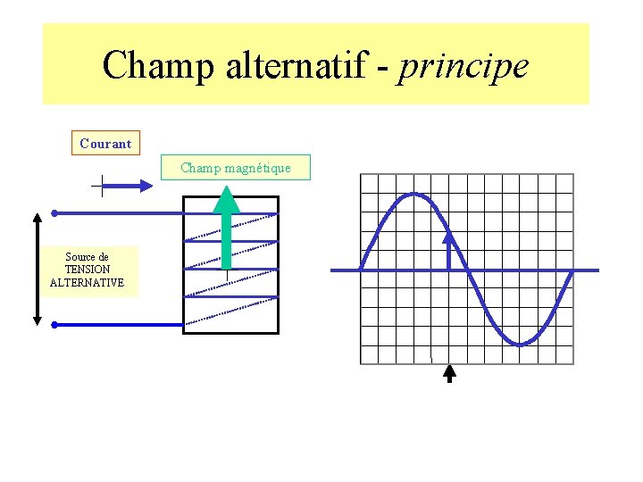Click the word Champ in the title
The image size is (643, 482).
151,65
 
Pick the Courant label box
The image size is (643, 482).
105,143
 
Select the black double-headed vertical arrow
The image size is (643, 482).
38,268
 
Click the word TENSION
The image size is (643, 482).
87,270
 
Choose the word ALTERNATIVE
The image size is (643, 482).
87,283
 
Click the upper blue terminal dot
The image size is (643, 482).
54,213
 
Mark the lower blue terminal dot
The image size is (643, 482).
54,325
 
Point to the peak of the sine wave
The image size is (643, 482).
413,194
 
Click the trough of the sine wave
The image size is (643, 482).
519,344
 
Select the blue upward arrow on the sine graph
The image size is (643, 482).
449,250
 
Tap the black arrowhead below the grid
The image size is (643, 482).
449,372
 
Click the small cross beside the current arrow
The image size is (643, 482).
102,186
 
